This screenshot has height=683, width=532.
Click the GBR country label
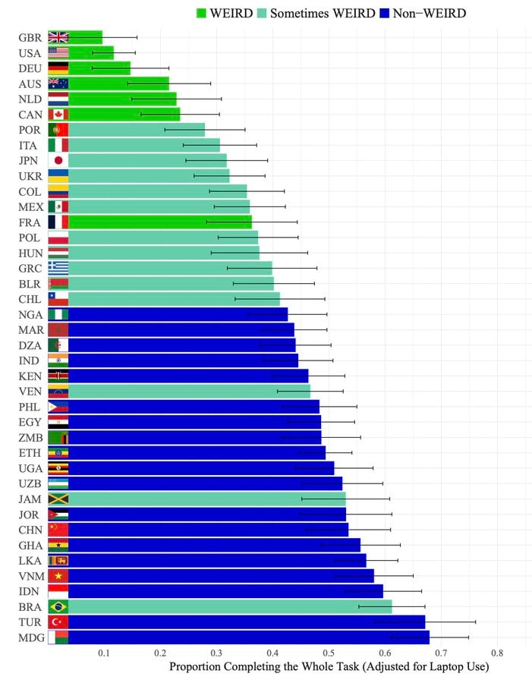pos(30,38)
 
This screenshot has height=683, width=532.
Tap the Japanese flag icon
pos(58,161)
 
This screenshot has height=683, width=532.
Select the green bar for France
pos(160,222)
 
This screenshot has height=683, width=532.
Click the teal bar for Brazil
pos(230,607)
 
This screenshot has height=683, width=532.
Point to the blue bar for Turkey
pos(247,622)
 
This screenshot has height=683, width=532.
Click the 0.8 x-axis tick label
pos(497,653)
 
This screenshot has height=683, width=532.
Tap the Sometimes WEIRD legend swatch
pos(262,13)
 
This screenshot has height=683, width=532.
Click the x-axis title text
pos(329,667)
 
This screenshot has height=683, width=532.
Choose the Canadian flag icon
pos(58,115)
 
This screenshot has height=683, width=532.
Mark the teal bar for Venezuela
pos(190,391)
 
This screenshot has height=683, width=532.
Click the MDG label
pos(31,637)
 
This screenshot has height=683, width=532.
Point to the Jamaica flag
pos(58,499)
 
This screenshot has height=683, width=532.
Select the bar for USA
pos(91,53)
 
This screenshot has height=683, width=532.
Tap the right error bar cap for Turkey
pos(475,622)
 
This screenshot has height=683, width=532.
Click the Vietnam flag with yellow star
pos(58,576)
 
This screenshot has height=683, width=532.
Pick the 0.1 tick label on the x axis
pos(104,653)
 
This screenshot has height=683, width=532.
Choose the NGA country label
pos(30,315)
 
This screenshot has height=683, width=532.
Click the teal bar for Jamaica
pos(207,499)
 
